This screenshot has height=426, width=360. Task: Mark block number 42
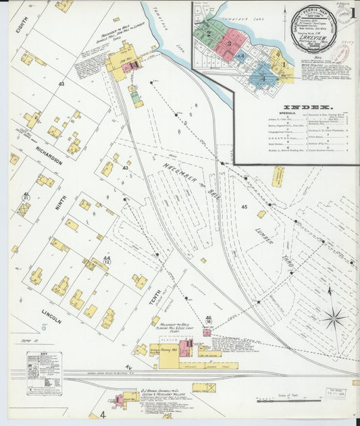(61, 84)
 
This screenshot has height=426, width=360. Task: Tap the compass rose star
(333, 317)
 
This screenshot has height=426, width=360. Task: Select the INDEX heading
(312, 107)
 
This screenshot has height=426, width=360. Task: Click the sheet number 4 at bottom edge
(102, 414)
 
